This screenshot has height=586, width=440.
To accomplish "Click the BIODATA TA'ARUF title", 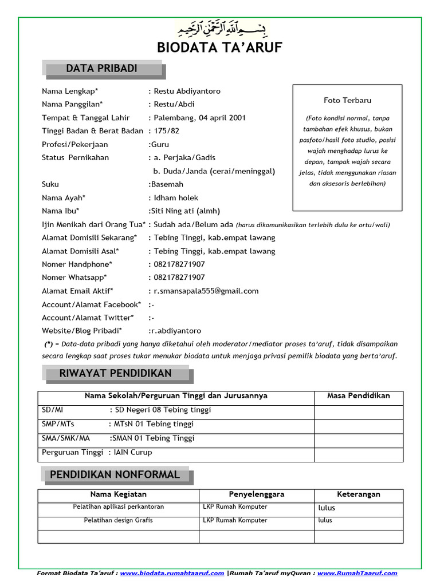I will click(x=220, y=47).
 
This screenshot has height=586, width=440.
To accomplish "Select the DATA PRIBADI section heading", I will click(x=102, y=69).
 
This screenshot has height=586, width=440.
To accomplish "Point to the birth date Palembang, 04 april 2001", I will click(x=199, y=118).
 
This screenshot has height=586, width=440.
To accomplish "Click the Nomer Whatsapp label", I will click(x=74, y=278).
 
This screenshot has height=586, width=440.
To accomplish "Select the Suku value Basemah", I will click(x=166, y=184).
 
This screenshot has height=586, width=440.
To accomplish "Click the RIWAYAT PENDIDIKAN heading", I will click(x=116, y=374).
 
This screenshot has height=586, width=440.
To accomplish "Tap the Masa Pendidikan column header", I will click(x=358, y=395).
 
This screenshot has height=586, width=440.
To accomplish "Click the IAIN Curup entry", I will click(x=133, y=452).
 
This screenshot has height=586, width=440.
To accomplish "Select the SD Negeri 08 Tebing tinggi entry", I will click(x=163, y=410).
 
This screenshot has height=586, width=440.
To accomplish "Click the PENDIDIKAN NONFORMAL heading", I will click(x=115, y=475).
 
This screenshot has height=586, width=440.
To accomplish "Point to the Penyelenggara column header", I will click(x=257, y=494).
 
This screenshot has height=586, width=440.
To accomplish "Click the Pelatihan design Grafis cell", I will click(x=118, y=520).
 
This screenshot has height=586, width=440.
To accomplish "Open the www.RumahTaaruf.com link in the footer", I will click(x=357, y=573).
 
